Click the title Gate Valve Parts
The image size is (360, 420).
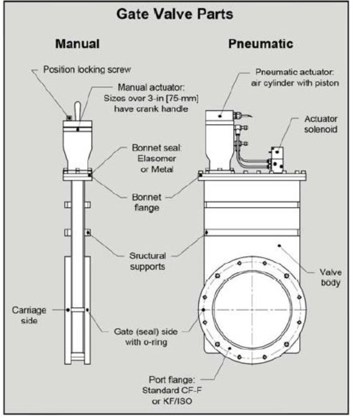point(179,14)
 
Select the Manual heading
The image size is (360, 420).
point(77,44)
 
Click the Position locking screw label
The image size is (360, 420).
point(87,69)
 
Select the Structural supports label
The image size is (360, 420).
point(148,261)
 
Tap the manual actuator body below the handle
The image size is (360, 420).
point(78,147)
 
